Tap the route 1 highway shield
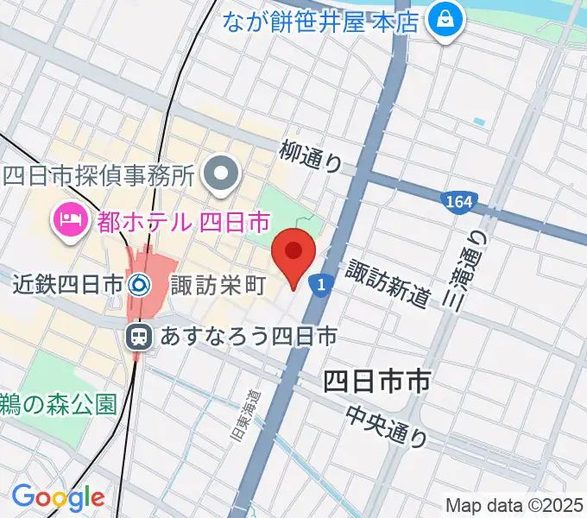[321, 283]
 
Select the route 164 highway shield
[459, 203]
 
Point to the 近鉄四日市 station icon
[139, 283]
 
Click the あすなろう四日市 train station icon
[138, 337]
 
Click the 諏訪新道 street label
[388, 283]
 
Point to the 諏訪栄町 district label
[217, 284]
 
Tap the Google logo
[58, 497]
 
